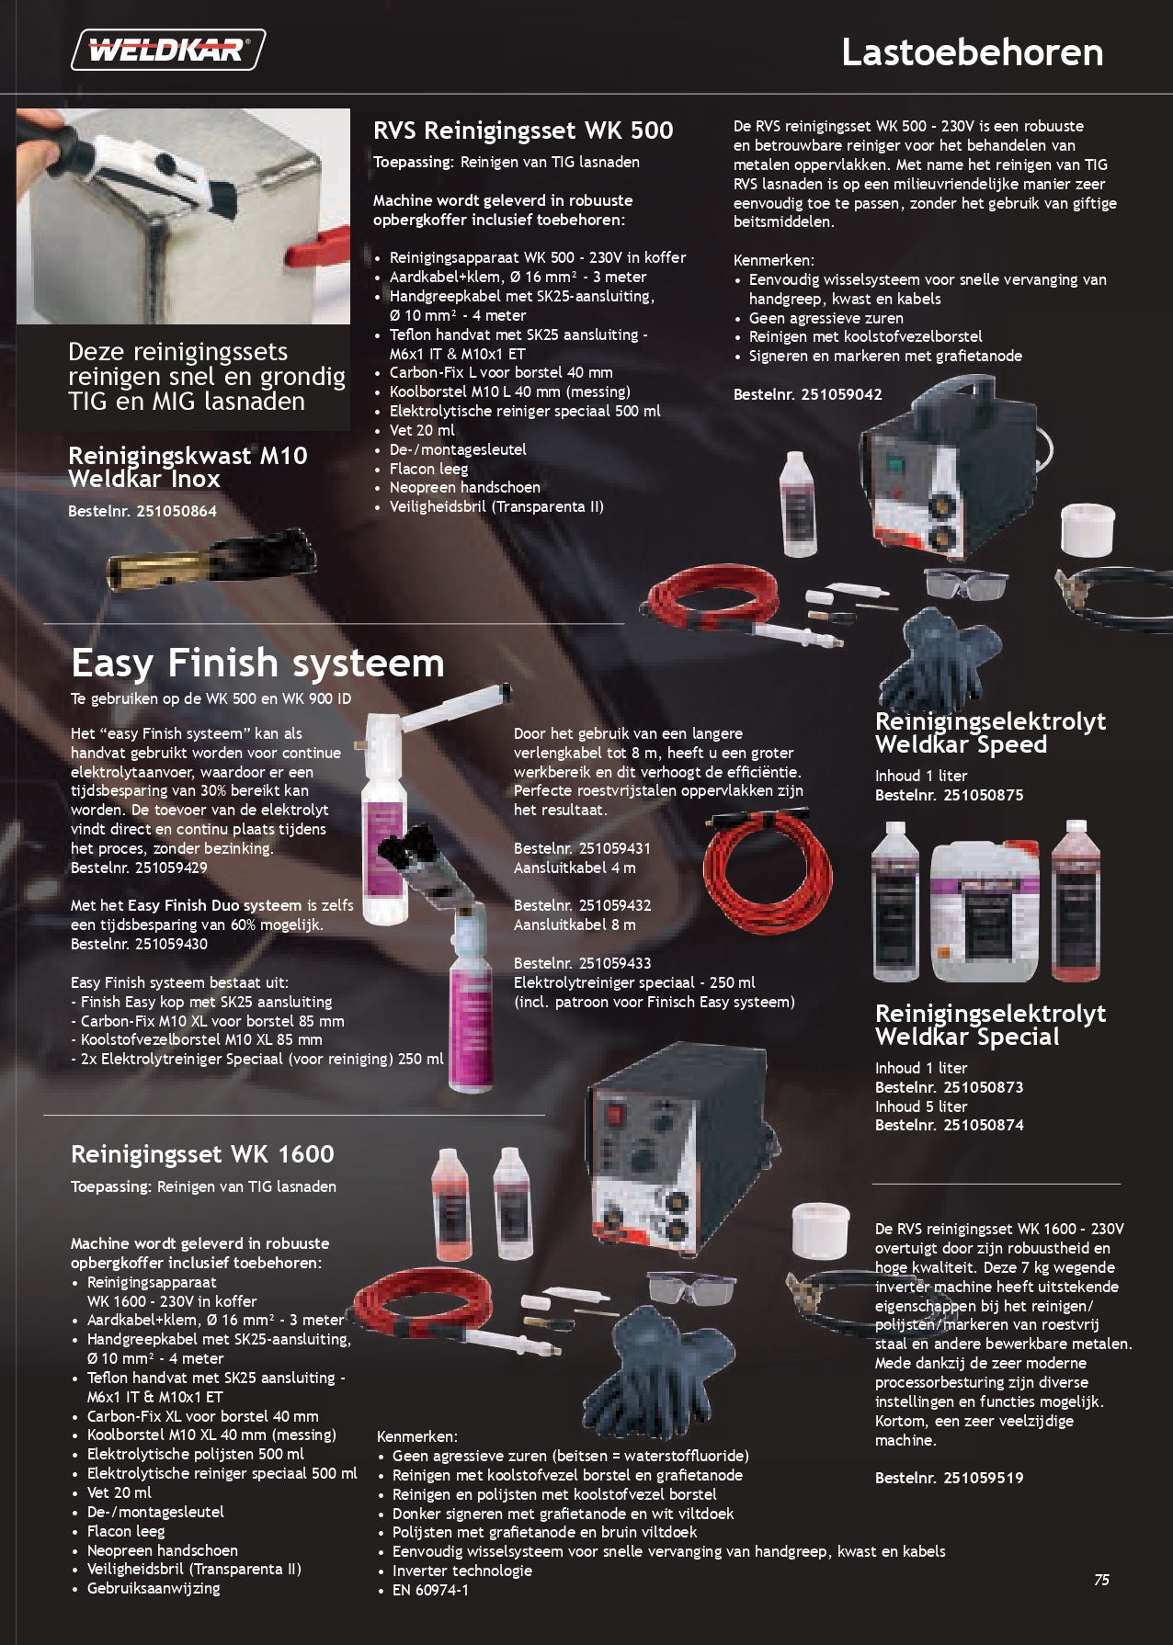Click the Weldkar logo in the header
[x=169, y=50]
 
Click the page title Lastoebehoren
[x=973, y=52]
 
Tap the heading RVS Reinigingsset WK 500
[x=523, y=130]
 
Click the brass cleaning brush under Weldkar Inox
[x=211, y=559]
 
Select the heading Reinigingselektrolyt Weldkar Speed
[x=990, y=733]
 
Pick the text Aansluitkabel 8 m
[x=575, y=925]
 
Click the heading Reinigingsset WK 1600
[x=202, y=1154]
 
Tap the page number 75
[x=1101, y=1581]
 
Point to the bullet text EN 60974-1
[x=430, y=1590]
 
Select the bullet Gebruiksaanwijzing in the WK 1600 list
[x=154, y=1588]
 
